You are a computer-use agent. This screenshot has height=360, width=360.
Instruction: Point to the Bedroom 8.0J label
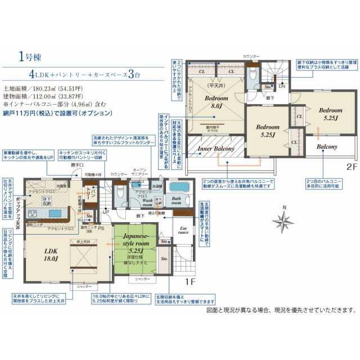tap(217, 102)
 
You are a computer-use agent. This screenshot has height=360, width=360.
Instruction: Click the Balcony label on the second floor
tap(326, 147)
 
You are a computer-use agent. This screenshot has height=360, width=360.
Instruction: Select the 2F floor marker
tap(350, 167)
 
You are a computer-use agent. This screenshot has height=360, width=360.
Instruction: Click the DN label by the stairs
tap(282, 85)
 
